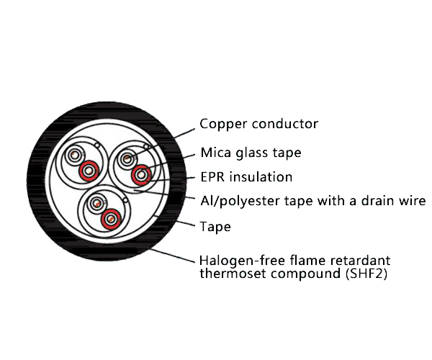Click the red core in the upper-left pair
pos(89,171)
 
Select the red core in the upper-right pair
pos(141,173)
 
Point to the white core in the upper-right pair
pos(127,158)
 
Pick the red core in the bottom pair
pos(109,217)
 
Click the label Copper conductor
pos(258,124)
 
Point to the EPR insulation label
pos(246,176)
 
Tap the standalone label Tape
pos(215,227)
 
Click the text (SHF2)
pos(367,273)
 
